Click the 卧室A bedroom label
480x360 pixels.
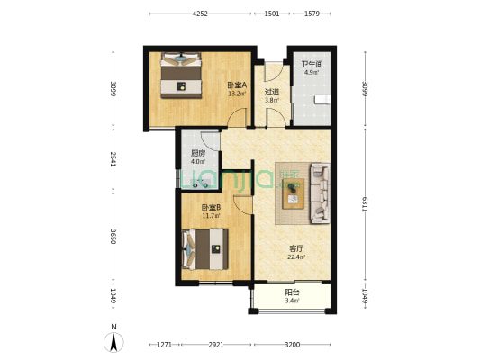point(237,85)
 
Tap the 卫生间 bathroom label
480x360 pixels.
point(312,65)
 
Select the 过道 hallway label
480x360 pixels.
point(272,92)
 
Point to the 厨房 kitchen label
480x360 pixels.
point(198,153)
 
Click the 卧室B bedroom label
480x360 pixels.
point(211,208)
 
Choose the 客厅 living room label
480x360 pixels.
point(296,248)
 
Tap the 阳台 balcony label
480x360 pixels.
point(292,292)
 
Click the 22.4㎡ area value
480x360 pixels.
point(296,256)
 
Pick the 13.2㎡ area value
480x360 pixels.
point(237,94)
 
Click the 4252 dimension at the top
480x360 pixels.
point(200,13)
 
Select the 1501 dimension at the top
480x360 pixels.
point(272,13)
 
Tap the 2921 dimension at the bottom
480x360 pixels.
point(216,345)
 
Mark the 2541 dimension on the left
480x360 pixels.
point(113,159)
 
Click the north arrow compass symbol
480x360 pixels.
point(113,342)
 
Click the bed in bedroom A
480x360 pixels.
point(181,76)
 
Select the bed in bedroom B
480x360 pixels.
point(204,249)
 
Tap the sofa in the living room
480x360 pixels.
point(321,193)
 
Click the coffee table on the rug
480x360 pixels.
point(294,193)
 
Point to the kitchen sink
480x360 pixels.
point(201,184)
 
